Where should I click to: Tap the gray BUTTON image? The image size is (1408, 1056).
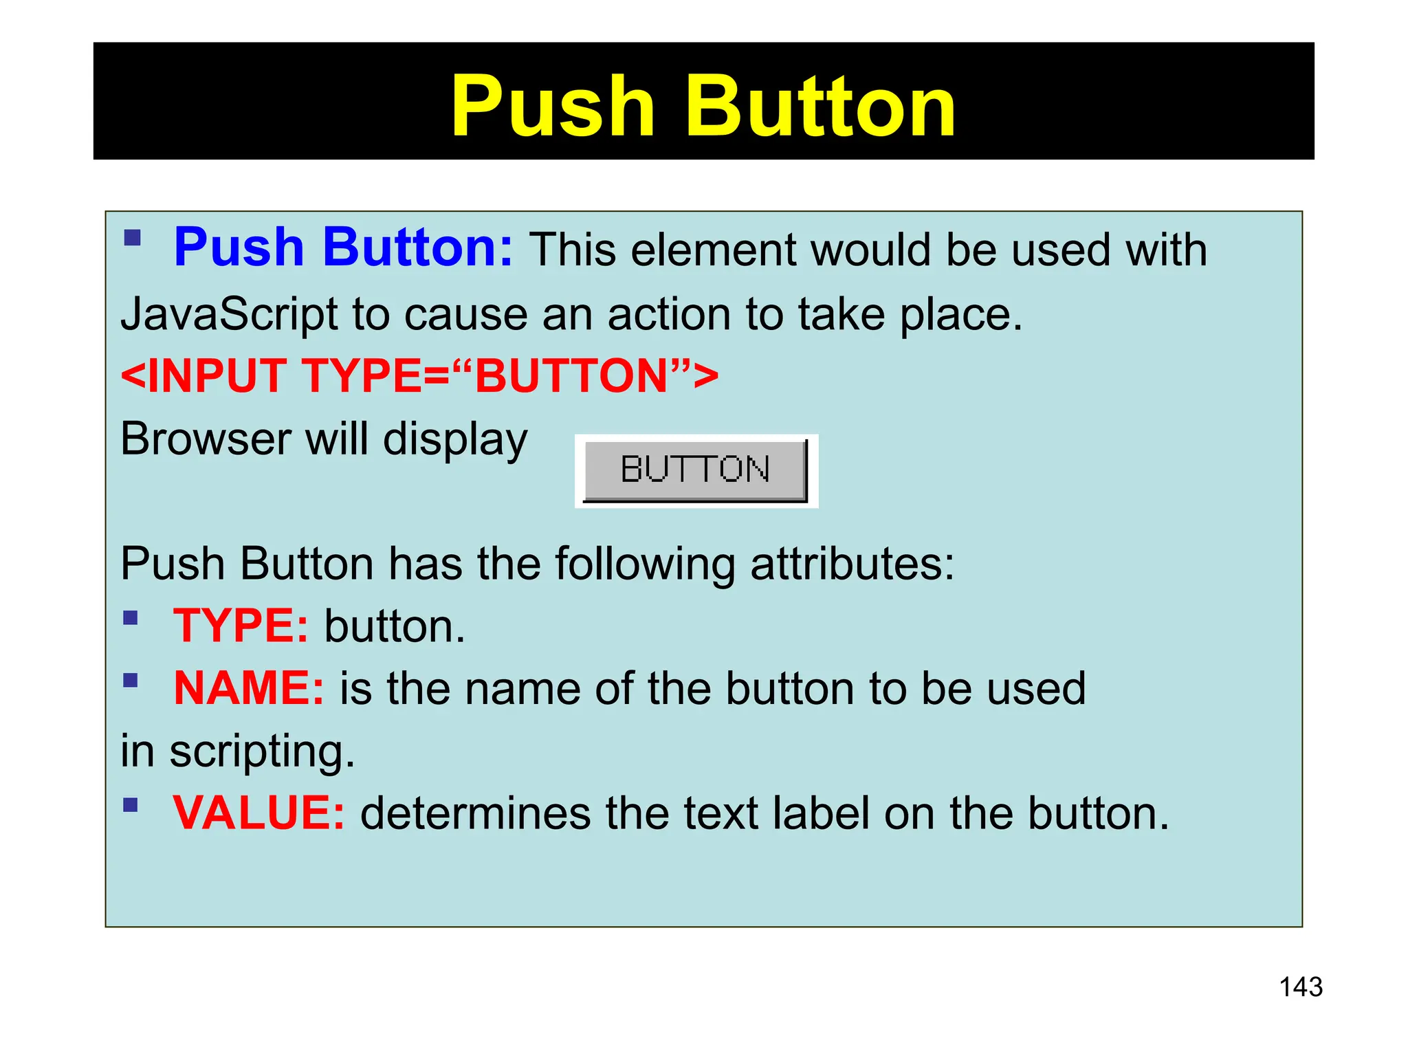coord(695,470)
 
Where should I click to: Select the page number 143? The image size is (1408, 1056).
coord(1301,987)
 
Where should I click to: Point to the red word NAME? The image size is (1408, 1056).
coord(248,688)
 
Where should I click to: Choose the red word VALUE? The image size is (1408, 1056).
coord(258,813)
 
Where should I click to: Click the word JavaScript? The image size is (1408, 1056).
coord(229,315)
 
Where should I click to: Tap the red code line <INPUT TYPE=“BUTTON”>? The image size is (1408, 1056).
coord(419,376)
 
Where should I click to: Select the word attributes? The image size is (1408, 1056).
coord(852,564)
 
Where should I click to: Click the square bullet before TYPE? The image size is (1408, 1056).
coord(131,617)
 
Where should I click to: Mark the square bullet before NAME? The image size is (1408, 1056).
coord(131,681)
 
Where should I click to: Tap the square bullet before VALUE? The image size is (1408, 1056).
coord(131,804)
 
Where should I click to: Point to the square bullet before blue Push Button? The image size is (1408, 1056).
coord(132,239)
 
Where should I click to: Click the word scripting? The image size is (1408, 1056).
coord(262,751)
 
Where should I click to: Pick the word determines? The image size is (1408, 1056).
coord(475,813)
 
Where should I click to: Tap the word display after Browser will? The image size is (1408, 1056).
coord(455,440)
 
